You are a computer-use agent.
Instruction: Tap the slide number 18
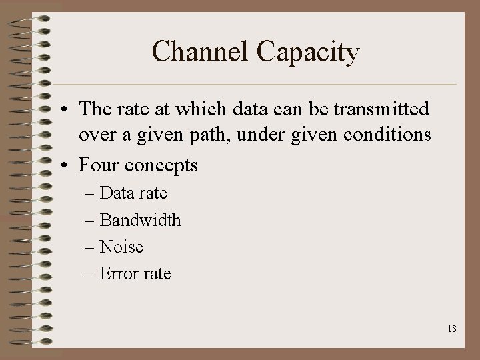(451, 329)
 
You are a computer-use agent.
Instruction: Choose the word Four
(101, 164)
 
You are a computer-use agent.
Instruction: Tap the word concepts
(163, 165)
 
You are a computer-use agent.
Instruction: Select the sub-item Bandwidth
(140, 220)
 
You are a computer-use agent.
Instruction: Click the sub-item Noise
(121, 247)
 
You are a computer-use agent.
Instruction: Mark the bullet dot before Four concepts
(69, 165)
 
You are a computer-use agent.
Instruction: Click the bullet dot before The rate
(69, 109)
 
